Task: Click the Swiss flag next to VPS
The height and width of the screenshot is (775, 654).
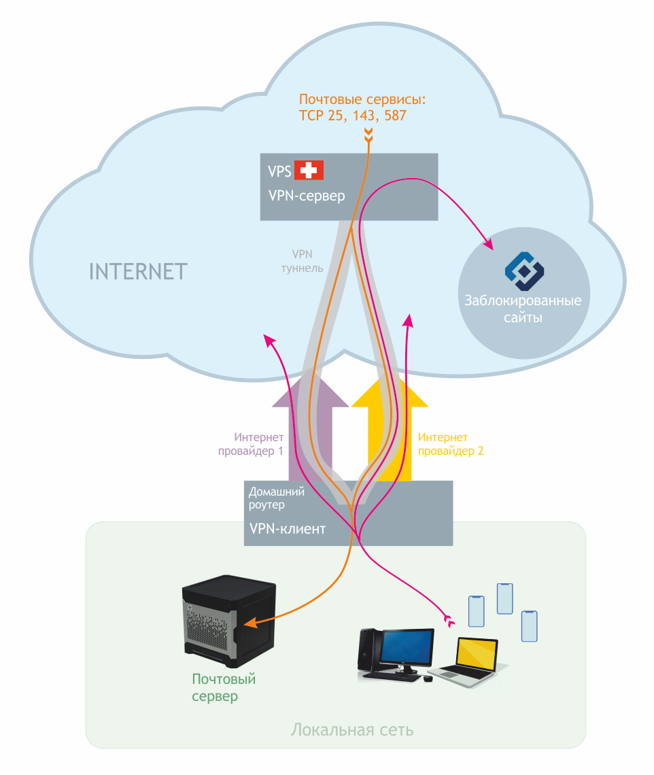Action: pyautogui.click(x=309, y=170)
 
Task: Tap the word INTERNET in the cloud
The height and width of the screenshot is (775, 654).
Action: pyautogui.click(x=138, y=271)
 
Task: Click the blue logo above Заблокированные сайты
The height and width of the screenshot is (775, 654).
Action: pyautogui.click(x=524, y=271)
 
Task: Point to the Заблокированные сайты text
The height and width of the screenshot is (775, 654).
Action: pyautogui.click(x=523, y=309)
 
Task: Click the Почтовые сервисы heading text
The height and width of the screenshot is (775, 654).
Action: pyautogui.click(x=362, y=100)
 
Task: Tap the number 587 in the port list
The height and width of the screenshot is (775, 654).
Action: pyautogui.click(x=394, y=116)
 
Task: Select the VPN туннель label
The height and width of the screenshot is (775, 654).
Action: pyautogui.click(x=302, y=261)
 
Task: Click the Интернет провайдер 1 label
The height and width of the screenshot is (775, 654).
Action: pyautogui.click(x=251, y=444)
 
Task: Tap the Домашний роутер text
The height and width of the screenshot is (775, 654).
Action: pyautogui.click(x=275, y=498)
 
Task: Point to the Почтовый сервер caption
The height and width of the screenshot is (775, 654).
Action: pyautogui.click(x=223, y=687)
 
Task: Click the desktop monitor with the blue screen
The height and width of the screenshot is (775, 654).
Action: pyautogui.click(x=407, y=648)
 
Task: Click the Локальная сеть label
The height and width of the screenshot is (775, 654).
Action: pyautogui.click(x=352, y=731)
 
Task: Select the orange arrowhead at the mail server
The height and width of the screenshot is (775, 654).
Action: pyautogui.click(x=249, y=623)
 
